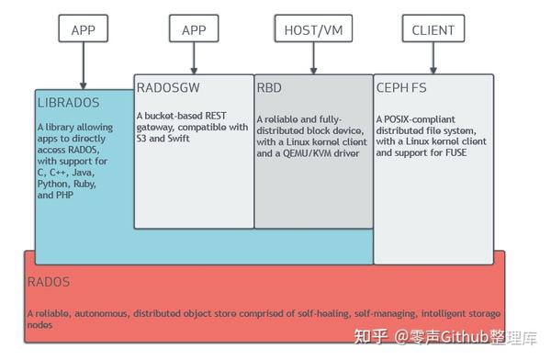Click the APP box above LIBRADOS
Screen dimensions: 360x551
click(84, 29)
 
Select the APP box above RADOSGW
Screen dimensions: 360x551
click(194, 29)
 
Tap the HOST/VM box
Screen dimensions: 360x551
click(312, 29)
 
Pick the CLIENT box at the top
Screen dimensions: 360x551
click(432, 29)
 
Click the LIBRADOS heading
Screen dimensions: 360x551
click(67, 102)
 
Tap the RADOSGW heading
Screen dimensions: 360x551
click(169, 88)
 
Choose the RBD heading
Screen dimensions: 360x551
click(269, 88)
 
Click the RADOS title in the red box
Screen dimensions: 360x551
click(48, 282)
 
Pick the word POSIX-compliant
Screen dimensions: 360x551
click(421, 118)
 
